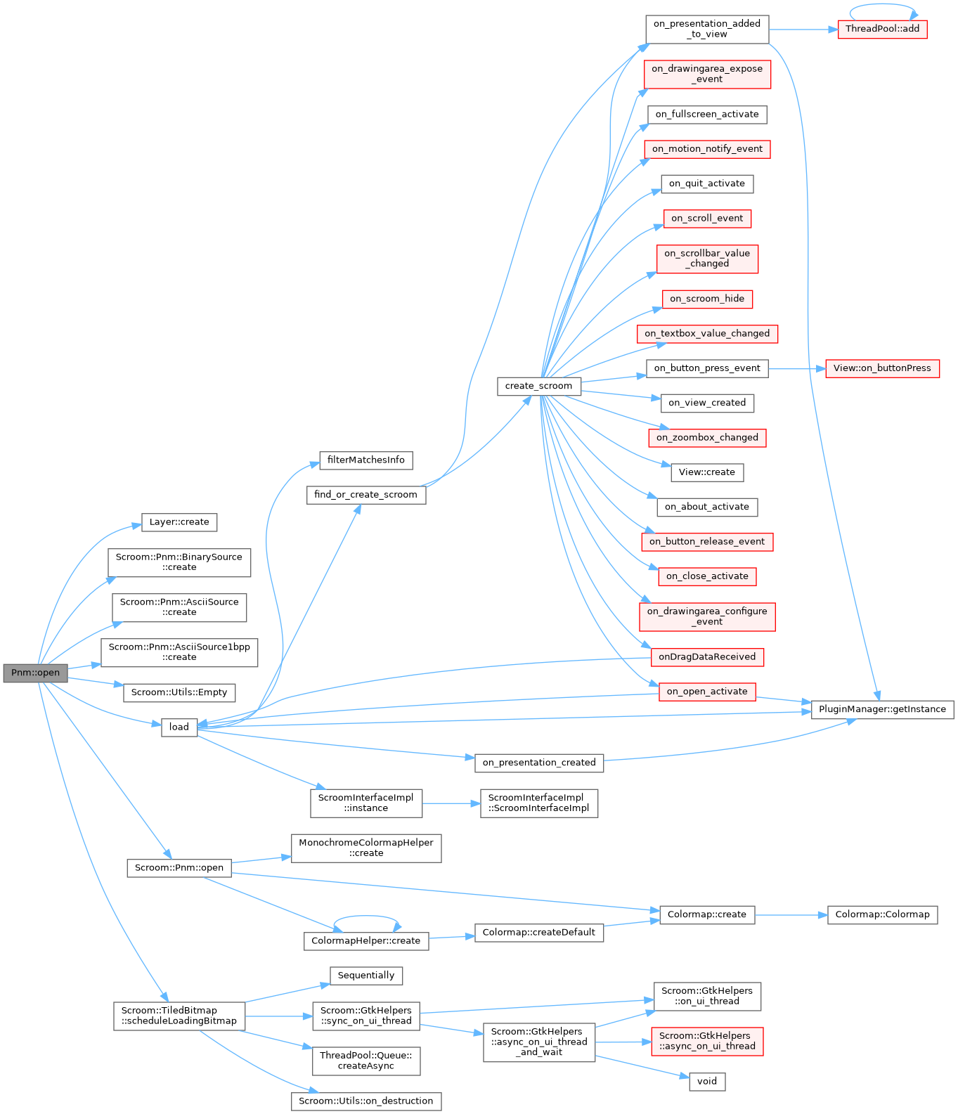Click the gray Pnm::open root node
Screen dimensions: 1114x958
point(35,673)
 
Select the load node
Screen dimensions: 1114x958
point(179,727)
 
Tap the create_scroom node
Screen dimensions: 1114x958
point(538,386)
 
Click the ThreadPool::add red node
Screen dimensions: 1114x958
point(882,29)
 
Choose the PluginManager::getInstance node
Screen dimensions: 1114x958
point(882,709)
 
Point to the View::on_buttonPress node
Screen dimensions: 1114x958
point(882,368)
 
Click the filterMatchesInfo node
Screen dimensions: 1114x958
point(365,460)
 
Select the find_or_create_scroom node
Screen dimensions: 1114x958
point(365,495)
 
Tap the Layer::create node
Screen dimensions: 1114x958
point(179,522)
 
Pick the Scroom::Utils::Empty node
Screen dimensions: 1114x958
point(179,692)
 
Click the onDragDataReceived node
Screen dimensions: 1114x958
point(707,657)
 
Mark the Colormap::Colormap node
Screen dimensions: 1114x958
point(882,914)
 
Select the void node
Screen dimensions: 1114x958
point(707,1081)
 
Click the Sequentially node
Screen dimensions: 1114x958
point(365,976)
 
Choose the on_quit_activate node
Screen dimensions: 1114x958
point(707,184)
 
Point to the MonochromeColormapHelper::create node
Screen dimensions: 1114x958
point(365,848)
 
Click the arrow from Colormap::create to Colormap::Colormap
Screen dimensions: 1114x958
point(791,915)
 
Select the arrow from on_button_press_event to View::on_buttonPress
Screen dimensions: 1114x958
point(796,368)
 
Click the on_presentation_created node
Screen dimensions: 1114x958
point(538,763)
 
